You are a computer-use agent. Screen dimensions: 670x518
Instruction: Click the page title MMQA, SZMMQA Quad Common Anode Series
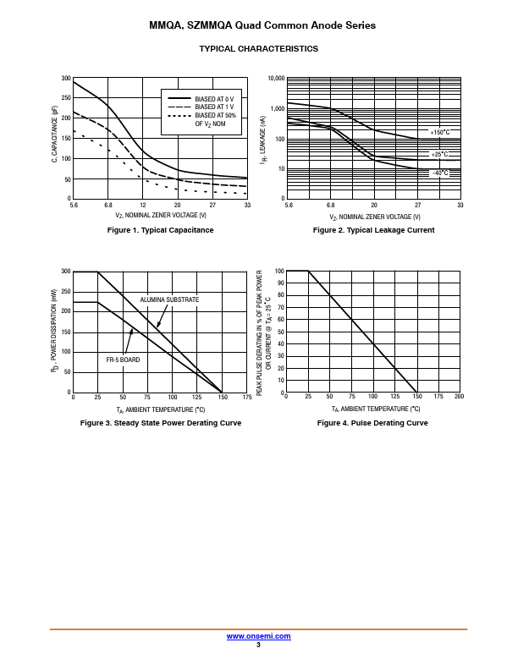[x=262, y=26]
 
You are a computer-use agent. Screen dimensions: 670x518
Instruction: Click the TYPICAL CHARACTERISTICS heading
[x=259, y=49]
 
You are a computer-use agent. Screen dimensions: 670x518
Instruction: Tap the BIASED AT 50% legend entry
[x=215, y=116]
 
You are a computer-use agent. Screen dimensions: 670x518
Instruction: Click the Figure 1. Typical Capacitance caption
[x=160, y=230]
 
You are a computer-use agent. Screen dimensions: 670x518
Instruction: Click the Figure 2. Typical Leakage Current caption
[x=373, y=230]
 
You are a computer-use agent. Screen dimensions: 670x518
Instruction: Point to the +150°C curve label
[x=440, y=133]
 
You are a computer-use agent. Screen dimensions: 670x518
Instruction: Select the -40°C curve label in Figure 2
[x=440, y=173]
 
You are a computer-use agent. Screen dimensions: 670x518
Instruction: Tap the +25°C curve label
[x=440, y=154]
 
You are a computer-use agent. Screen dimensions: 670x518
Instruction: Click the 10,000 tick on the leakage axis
[x=276, y=79]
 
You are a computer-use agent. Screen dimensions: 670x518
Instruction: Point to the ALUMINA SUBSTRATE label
[x=170, y=299]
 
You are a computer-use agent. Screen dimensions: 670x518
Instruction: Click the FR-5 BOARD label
[x=123, y=360]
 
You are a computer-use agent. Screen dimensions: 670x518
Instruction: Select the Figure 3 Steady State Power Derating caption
[x=160, y=423]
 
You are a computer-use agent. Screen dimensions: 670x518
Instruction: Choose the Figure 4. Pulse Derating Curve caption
[x=372, y=423]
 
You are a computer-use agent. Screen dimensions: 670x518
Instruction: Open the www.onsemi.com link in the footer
[x=259, y=636]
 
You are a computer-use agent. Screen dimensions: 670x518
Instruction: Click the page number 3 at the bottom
[x=259, y=645]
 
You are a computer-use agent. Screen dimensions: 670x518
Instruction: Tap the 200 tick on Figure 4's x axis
[x=460, y=397]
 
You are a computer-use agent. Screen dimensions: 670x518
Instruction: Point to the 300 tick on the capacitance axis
[x=66, y=79]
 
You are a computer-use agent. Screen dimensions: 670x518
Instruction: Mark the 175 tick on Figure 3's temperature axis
[x=247, y=397]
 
